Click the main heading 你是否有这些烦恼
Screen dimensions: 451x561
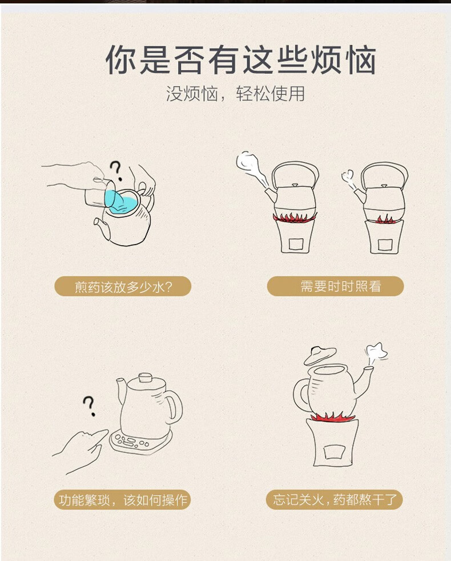[x=240, y=60]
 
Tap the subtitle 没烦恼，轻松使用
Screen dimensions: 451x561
[x=235, y=94]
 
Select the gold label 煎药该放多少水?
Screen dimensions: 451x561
[x=123, y=286]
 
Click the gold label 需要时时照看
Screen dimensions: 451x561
[x=335, y=286]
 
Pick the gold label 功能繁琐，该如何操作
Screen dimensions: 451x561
[x=122, y=499]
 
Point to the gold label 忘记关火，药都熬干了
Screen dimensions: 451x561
[x=335, y=499]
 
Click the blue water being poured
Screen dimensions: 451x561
[x=122, y=202]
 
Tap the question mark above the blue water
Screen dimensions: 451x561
[x=116, y=171]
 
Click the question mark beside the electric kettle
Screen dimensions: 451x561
[x=89, y=406]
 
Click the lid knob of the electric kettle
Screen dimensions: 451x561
[x=145, y=378]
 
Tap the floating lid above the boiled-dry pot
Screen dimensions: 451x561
[x=320, y=355]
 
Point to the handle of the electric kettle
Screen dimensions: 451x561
[x=174, y=406]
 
